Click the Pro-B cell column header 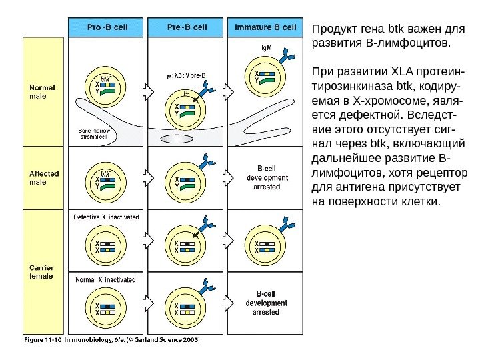(x=107, y=27)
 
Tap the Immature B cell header (x=266, y=27)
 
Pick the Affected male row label (x=44, y=178)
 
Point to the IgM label (x=265, y=48)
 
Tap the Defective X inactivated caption (x=106, y=217)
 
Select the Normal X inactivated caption (x=106, y=279)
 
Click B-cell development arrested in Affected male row (x=267, y=179)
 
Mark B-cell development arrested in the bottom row (x=267, y=302)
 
